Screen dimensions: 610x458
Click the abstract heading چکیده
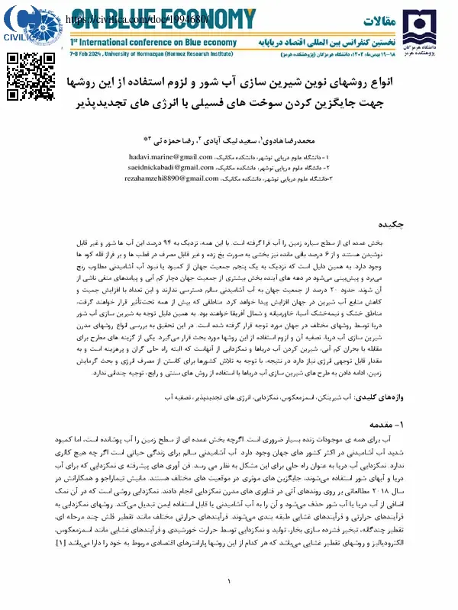pos(404,225)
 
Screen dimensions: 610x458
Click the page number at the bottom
pos(229,583)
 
